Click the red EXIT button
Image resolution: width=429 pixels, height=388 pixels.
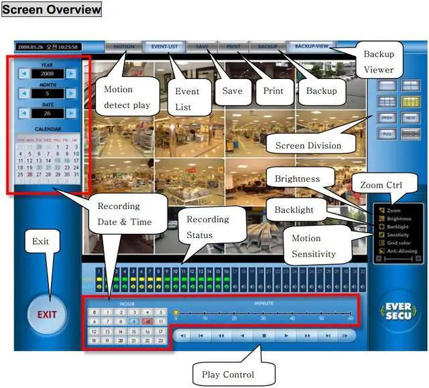pyautogui.click(x=46, y=314)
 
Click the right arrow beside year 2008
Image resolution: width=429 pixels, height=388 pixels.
pyautogui.click(x=71, y=72)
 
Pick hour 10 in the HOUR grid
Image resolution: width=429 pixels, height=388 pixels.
pyautogui.click(x=147, y=322)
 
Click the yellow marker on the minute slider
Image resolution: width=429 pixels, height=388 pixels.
pyautogui.click(x=176, y=312)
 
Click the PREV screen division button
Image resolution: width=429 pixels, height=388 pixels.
pyautogui.click(x=386, y=116)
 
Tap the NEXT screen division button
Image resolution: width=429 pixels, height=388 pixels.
pyautogui.click(x=410, y=116)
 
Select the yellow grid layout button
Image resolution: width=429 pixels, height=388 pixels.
pyautogui.click(x=410, y=101)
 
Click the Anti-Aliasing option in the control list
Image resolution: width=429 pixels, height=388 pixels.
pyautogui.click(x=402, y=251)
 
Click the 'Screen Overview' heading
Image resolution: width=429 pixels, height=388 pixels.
pyautogui.click(x=52, y=9)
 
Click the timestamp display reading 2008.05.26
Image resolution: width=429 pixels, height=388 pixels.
pyautogui.click(x=48, y=48)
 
